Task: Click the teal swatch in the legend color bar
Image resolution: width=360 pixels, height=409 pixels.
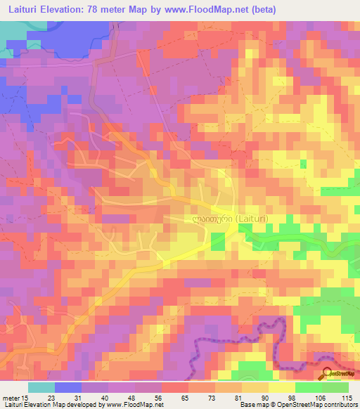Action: (x=41, y=387)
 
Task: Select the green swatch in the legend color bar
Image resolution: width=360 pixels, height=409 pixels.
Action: (x=309, y=387)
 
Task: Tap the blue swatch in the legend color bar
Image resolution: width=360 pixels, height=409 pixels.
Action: (x=68, y=387)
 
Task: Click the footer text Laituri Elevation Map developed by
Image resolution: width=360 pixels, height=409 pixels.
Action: (x=51, y=405)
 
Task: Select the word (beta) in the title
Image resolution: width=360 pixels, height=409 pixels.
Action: (x=263, y=10)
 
